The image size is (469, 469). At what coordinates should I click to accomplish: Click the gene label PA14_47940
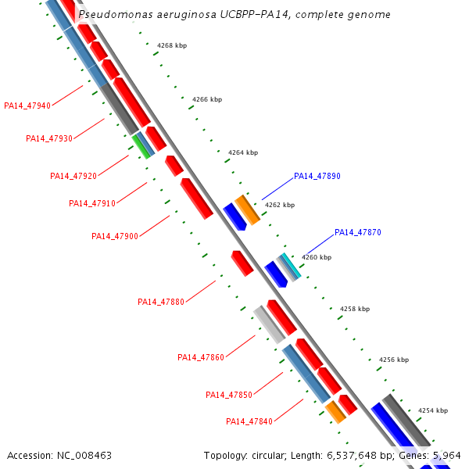(x=27, y=106)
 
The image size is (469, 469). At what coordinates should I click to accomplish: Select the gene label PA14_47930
(x=49, y=138)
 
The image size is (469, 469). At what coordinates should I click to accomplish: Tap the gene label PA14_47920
(x=73, y=176)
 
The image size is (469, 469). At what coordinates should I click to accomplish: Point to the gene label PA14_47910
(x=92, y=203)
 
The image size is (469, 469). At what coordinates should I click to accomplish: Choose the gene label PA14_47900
(x=115, y=236)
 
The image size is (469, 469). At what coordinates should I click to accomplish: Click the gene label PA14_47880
(x=161, y=302)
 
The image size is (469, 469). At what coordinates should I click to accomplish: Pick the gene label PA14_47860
(x=201, y=357)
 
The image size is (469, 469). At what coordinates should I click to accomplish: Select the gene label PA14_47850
(x=229, y=395)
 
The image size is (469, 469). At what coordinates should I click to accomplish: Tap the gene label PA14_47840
(x=249, y=421)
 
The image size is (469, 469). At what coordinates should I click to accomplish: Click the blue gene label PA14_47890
(x=317, y=177)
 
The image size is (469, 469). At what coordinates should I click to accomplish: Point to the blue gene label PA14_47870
(x=358, y=232)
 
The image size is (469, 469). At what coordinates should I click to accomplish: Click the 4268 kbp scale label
(x=172, y=45)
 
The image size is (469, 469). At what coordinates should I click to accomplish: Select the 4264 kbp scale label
(x=243, y=153)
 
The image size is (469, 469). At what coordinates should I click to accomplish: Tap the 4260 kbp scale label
(x=317, y=257)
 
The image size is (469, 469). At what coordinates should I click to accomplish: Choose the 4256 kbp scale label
(x=394, y=360)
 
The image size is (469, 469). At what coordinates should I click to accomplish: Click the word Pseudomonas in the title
(x=113, y=15)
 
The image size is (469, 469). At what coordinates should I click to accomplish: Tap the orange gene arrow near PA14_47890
(x=248, y=209)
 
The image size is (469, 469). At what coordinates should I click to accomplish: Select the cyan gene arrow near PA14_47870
(x=291, y=267)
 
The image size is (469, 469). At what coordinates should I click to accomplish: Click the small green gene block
(x=141, y=146)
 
